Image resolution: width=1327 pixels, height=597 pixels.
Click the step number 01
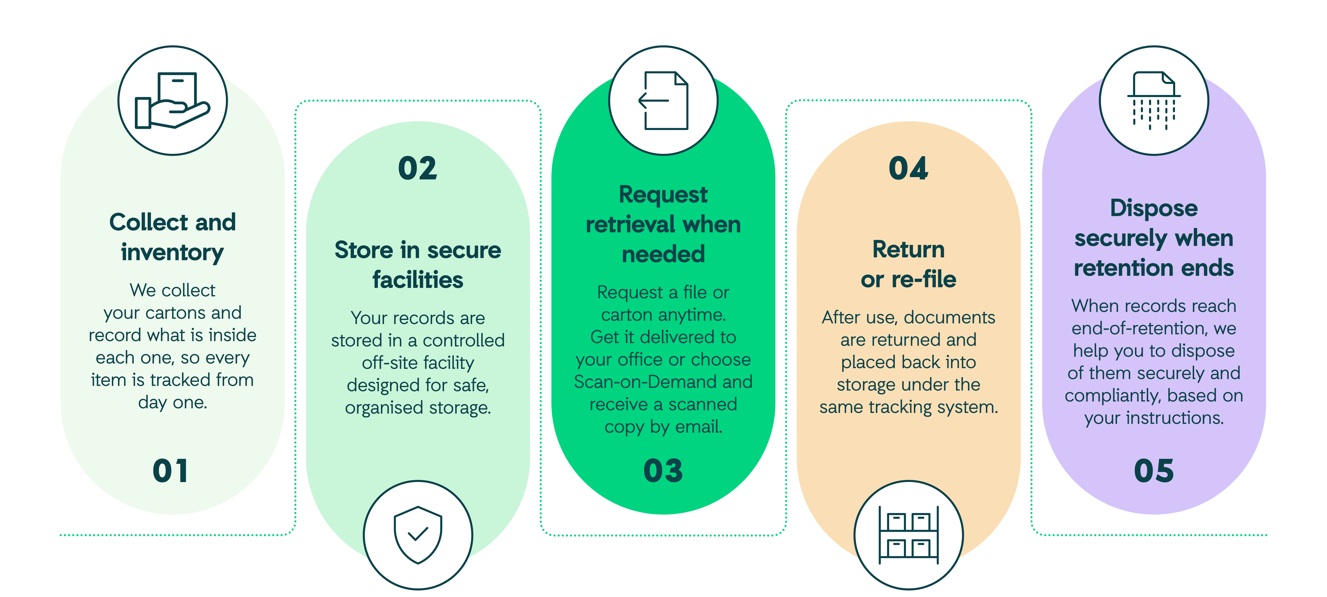pyautogui.click(x=171, y=471)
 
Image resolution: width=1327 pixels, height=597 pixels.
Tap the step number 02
pyautogui.click(x=418, y=168)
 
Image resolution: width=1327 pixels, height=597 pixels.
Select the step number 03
pyautogui.click(x=663, y=471)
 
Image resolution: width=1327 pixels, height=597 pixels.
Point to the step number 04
pyautogui.click(x=908, y=168)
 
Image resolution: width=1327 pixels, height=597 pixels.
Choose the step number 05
pyautogui.click(x=1154, y=471)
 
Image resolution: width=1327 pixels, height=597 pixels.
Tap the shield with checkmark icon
pyautogui.click(x=418, y=535)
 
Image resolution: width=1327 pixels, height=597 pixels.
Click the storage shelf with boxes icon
pyautogui.click(x=909, y=535)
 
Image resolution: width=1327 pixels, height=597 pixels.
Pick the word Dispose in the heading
pyautogui.click(x=1154, y=208)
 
